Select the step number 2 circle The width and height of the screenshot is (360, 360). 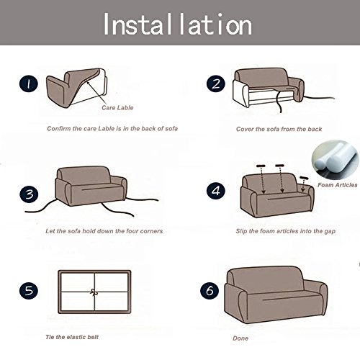pyautogui.click(x=215, y=84)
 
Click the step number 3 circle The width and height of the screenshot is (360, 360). pyautogui.click(x=28, y=193)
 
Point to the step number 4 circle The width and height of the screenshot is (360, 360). pyautogui.click(x=215, y=192)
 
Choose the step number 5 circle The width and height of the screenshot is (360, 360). pyautogui.click(x=28, y=292)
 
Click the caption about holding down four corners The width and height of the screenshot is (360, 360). pyautogui.click(x=104, y=231)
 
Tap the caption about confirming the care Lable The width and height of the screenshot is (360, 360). pyautogui.click(x=103, y=130)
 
